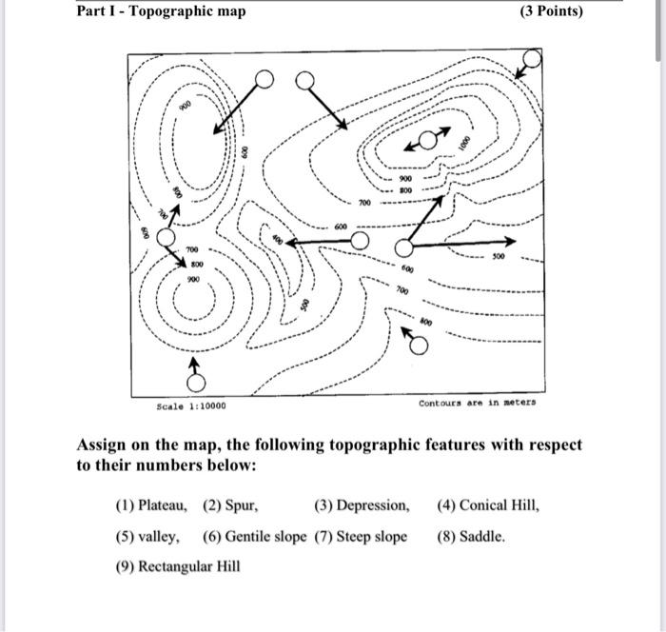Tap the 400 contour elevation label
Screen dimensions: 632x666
pos(276,241)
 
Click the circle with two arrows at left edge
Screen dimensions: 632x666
pos(166,236)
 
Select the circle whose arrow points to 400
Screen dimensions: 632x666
pos(360,241)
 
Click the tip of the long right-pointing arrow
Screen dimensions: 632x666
pos(515,241)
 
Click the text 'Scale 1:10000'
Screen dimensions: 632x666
pos(191,405)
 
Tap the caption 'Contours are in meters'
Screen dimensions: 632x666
pos(477,403)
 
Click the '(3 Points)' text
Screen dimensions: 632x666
pos(552,11)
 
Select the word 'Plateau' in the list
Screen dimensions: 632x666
pos(163,505)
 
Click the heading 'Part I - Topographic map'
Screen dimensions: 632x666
pos(161,11)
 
